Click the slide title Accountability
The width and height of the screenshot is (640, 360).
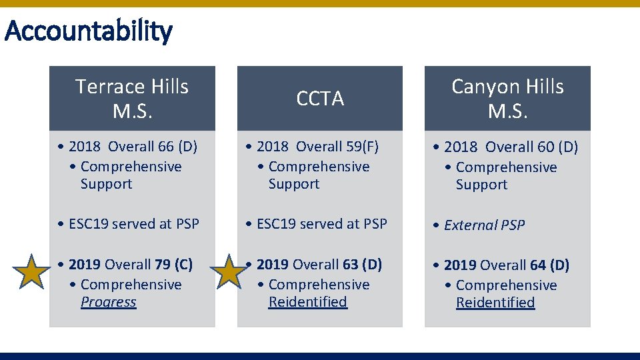point(88,31)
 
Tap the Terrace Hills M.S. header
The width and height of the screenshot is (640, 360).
point(132,98)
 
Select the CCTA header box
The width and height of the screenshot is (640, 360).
point(320,99)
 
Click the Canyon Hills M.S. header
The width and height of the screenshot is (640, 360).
point(507,98)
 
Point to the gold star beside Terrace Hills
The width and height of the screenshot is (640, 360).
point(32,272)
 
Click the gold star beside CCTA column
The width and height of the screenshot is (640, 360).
point(229,272)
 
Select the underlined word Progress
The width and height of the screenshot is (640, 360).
point(108,302)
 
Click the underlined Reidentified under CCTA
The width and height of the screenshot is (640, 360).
point(307,302)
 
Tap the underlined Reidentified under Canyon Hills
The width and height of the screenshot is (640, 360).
point(495,303)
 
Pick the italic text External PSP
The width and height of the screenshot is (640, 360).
point(484,225)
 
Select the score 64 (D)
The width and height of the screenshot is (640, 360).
point(549,265)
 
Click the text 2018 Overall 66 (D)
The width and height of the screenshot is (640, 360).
point(133,147)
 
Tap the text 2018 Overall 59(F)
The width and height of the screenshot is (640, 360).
point(317,147)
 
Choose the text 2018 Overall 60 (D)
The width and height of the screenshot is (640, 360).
point(511,147)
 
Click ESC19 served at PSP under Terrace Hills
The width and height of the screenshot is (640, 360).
point(134,224)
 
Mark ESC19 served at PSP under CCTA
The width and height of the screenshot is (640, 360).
point(321,224)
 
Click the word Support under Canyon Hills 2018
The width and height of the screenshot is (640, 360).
point(481,185)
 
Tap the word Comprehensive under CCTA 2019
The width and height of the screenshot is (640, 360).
point(319,285)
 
